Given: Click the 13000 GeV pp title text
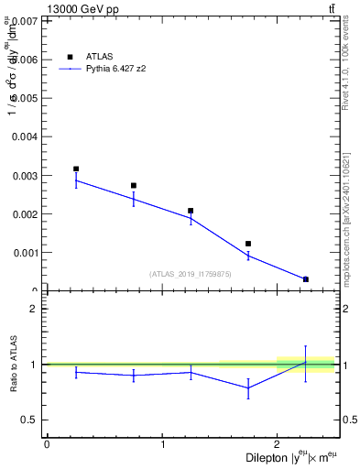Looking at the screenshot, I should (x=82, y=9).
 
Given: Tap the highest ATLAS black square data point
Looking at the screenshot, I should (x=76, y=169).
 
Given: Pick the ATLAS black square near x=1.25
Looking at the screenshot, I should (x=191, y=211).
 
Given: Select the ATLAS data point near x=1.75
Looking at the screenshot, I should (x=248, y=244).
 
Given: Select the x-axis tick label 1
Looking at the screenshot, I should (x=162, y=444).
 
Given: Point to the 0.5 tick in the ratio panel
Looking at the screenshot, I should (x=33, y=420).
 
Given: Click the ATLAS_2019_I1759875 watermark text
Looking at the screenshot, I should (x=191, y=274).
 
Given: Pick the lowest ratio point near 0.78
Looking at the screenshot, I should (x=248, y=387).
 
